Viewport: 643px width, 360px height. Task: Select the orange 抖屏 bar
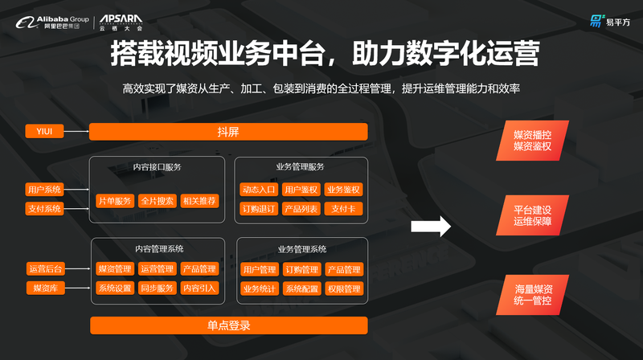[x=228, y=132]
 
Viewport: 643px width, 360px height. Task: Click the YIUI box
[x=45, y=131]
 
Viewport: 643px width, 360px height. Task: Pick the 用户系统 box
[x=45, y=190]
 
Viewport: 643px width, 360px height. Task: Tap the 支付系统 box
[x=45, y=209]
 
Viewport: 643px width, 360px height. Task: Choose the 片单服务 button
[x=114, y=200]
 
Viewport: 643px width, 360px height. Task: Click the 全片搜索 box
[x=156, y=200]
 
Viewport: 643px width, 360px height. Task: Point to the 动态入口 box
[x=259, y=190]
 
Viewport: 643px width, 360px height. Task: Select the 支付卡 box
[x=343, y=209]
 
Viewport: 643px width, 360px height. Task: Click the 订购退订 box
[x=259, y=209]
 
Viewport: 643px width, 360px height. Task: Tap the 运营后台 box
[x=45, y=269]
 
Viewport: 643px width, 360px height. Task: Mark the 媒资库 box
[x=45, y=288]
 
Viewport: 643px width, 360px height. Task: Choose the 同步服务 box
[x=156, y=288]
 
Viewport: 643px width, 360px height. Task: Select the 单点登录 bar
[x=228, y=325]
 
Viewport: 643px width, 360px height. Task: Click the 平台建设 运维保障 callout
[x=534, y=215]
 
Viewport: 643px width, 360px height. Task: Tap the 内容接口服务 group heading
[x=157, y=167]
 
